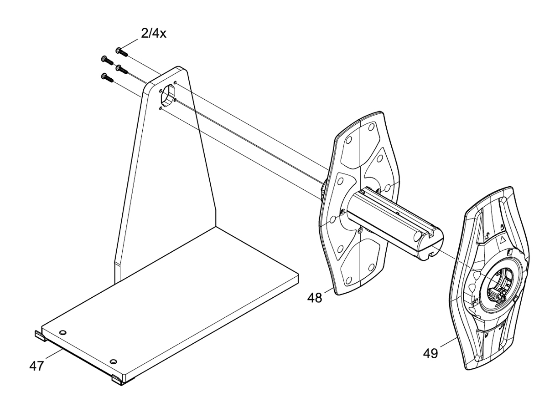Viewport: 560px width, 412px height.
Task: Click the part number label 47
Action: point(37,366)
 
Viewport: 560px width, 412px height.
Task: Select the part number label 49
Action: point(430,353)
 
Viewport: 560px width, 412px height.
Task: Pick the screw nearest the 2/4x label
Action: point(122,52)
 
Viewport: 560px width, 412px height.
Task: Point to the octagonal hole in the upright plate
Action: point(168,95)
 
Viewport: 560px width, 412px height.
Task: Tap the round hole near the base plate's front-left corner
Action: point(62,332)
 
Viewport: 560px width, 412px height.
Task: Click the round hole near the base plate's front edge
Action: point(114,361)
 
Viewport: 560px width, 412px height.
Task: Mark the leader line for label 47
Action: point(54,355)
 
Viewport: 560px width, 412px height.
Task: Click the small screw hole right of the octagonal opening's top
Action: point(175,82)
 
